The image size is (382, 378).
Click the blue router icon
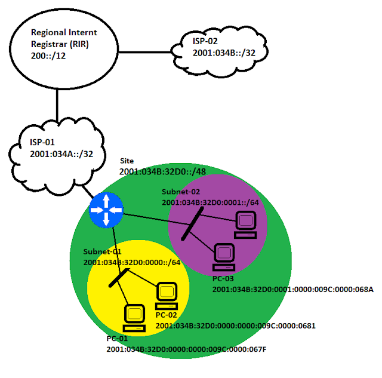106,210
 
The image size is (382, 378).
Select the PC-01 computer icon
133,317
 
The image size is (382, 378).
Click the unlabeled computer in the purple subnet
245,225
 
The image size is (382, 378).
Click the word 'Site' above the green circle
127,161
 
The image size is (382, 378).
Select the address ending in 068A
292,290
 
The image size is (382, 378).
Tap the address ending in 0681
235,326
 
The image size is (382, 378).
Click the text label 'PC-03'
224,279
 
